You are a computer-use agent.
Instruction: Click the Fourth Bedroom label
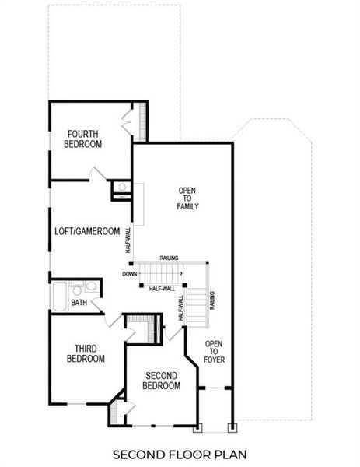tap(83, 139)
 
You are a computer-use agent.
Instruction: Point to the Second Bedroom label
tap(163, 381)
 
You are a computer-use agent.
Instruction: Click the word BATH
tap(79, 303)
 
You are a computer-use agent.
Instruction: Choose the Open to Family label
tap(188, 199)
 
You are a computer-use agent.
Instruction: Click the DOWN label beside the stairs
tap(129, 273)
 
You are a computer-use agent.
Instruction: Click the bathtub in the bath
tap(60, 297)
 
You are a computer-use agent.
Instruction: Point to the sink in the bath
tap(75, 286)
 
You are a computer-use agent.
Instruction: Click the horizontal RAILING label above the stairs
tap(171, 257)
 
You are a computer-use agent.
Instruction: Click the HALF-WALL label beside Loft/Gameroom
tap(128, 240)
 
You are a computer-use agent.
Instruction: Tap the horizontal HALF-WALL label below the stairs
tap(162, 288)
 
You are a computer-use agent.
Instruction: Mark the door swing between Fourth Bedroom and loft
tap(97, 174)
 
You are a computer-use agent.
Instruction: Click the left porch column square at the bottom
tap(197, 427)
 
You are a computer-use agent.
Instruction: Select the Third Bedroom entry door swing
tap(112, 321)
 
